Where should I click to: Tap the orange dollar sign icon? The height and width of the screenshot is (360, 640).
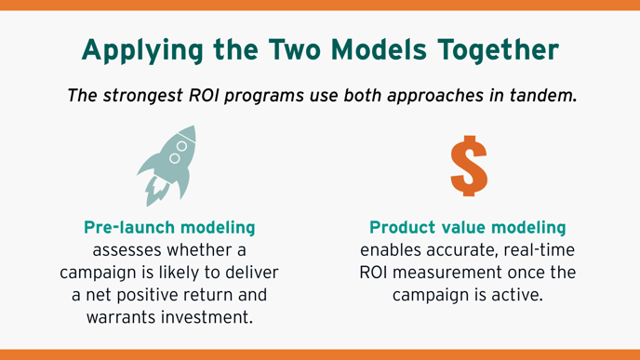tap(469, 165)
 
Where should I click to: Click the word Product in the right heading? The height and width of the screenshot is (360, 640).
tap(401, 228)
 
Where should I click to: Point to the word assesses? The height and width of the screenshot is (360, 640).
tap(131, 250)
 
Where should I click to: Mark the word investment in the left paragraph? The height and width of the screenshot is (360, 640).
tap(206, 317)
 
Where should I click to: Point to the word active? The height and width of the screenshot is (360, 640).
tap(517, 295)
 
